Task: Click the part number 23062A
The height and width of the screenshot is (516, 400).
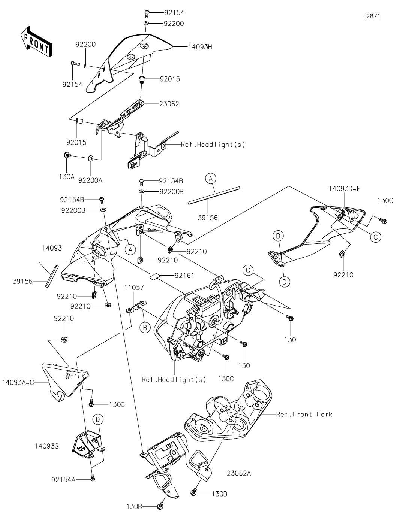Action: click(x=239, y=473)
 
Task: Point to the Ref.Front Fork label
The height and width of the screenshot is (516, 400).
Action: click(x=304, y=414)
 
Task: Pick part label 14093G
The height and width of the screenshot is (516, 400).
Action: click(x=47, y=446)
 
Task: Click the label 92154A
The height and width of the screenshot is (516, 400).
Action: click(x=63, y=479)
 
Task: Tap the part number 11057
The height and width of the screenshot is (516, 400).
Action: click(x=134, y=287)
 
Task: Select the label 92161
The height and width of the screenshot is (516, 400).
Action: click(x=185, y=275)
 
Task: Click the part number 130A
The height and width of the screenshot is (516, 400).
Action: click(x=66, y=176)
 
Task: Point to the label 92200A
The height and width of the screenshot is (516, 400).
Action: click(x=90, y=180)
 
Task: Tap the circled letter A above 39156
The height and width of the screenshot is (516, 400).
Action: click(x=211, y=179)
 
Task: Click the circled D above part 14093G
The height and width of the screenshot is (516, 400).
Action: click(x=97, y=419)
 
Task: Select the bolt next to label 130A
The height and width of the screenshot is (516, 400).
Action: click(x=66, y=155)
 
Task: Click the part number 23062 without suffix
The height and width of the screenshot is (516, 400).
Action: click(x=169, y=104)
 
